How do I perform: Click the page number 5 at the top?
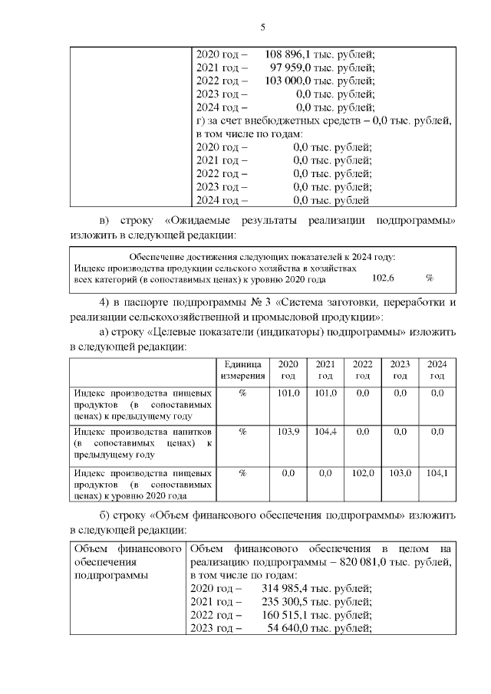[263, 28]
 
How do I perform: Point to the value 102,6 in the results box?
[382, 279]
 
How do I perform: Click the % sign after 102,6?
[430, 279]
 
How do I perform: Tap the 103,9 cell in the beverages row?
[288, 432]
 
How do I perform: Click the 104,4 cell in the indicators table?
[325, 432]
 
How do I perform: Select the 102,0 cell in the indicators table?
[363, 473]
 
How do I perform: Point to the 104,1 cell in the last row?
[437, 473]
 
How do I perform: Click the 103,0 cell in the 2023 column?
[400, 473]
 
